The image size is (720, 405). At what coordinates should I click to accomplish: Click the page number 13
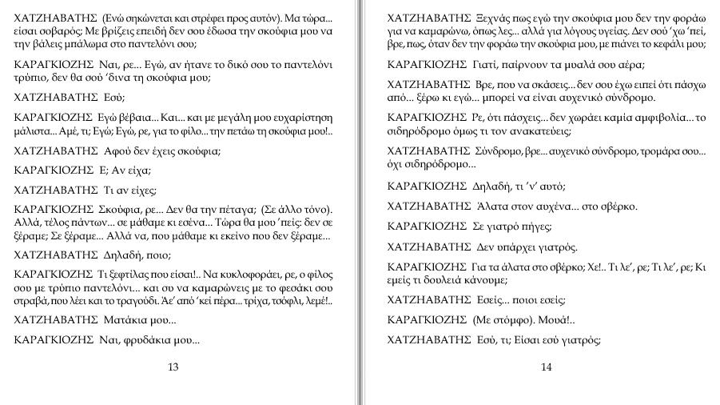pyautogui.click(x=173, y=367)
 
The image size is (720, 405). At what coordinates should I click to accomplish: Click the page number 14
pyautogui.click(x=546, y=367)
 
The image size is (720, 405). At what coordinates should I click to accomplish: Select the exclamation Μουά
pyautogui.click(x=540, y=319)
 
